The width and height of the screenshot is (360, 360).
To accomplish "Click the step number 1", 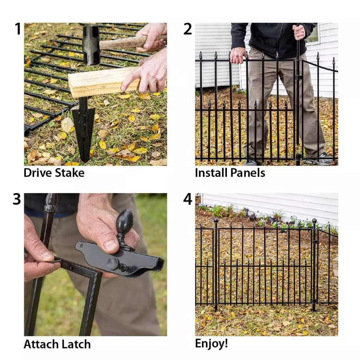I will tap(18, 29).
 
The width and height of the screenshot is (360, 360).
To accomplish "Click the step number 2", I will tap(188, 29).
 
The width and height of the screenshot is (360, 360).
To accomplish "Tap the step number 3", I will tap(17, 199).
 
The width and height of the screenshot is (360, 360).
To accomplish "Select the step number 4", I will tap(188, 199).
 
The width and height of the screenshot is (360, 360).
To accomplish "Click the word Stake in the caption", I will tap(70, 173).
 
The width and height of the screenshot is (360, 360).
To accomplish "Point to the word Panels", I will tap(248, 173).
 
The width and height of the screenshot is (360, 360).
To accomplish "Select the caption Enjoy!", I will tap(211, 343).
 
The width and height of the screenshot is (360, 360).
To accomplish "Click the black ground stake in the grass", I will tap(83, 130).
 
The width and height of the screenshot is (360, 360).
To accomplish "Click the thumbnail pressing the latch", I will tap(111, 245).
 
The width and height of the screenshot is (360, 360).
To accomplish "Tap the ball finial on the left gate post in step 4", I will tap(216, 220).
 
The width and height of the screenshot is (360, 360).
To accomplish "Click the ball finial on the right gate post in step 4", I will tap(314, 221).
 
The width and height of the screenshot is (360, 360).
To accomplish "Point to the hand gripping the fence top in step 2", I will tap(238, 55).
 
